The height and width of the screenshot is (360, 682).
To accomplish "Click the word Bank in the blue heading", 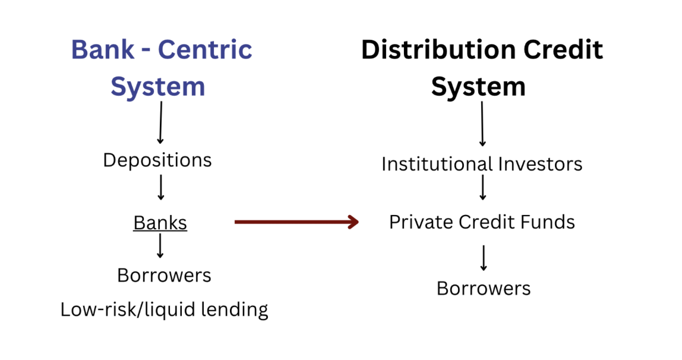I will [x=103, y=50].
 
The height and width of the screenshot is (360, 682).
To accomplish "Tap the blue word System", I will [x=157, y=87].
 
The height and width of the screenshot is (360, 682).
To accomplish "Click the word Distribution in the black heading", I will [x=439, y=50].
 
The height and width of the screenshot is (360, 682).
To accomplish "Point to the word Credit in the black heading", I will [x=564, y=50].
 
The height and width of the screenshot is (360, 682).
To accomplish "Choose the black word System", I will [x=478, y=87].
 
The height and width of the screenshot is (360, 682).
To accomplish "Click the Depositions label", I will [x=157, y=160].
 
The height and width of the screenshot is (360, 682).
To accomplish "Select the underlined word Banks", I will [x=160, y=223].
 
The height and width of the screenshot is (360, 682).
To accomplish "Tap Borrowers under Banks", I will [x=164, y=275].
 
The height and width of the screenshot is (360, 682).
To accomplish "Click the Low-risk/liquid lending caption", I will [x=164, y=310].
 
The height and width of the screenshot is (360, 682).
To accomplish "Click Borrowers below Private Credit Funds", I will [x=483, y=288].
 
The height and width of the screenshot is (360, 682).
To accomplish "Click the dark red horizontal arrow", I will [x=296, y=222].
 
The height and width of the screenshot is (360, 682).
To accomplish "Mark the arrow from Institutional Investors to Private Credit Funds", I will [x=483, y=188].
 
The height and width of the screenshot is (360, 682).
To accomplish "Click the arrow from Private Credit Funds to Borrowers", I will [x=484, y=257].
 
